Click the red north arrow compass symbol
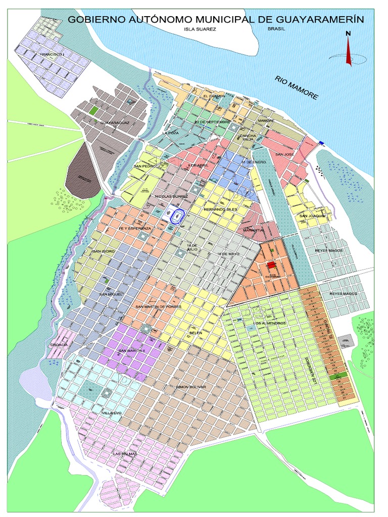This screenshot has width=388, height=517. tap(348, 50)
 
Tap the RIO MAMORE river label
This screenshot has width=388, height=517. tap(297, 87)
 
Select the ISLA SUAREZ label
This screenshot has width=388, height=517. tap(200, 29)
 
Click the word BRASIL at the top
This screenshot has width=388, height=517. tap(276, 29)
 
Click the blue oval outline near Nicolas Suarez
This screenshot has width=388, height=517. tap(177, 216)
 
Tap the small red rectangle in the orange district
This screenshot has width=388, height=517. tap(271, 265)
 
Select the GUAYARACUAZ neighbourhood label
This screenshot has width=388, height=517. tap(115, 123)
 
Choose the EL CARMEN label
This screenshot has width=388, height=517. tap(213, 95)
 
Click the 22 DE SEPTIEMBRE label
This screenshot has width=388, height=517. tap(212, 122)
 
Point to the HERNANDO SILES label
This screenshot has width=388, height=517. tap(220, 209)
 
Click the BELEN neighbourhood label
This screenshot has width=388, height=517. tap(195, 333)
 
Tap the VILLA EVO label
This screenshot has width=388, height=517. tap(112, 413)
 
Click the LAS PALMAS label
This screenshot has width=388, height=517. tap(125, 454)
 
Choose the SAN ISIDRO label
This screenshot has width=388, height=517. tap(104, 251)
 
